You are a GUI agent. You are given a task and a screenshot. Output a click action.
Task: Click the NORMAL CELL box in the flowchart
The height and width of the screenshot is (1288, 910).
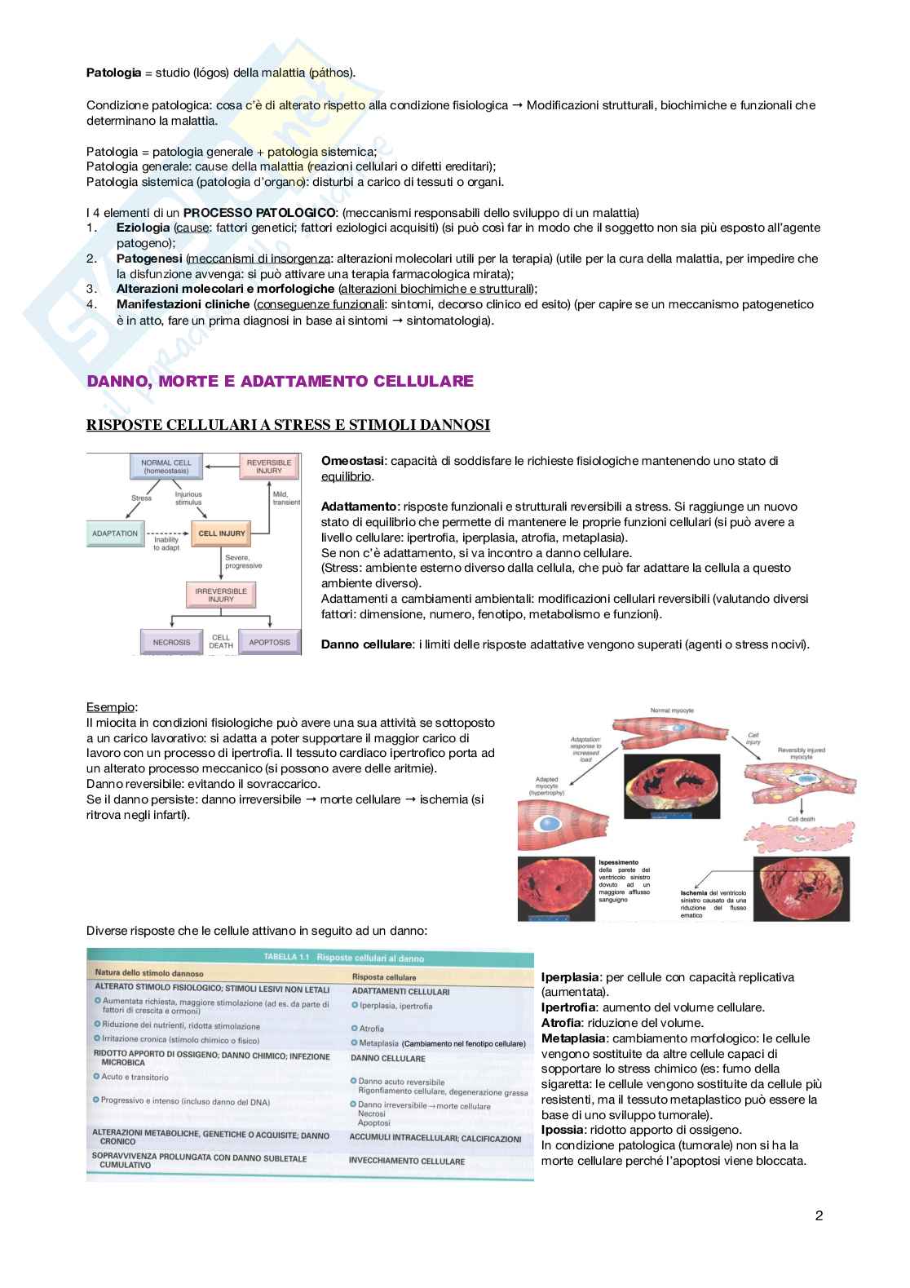point(166,467)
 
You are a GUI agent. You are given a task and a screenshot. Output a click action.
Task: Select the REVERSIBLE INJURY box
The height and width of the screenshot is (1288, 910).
point(268,467)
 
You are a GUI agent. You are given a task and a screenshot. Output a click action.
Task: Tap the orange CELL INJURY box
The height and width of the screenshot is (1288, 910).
point(221,533)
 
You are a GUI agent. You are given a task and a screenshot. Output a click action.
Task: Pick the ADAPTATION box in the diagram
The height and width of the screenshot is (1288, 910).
point(116,533)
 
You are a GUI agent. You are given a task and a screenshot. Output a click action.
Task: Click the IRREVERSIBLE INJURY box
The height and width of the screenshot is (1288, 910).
point(220,595)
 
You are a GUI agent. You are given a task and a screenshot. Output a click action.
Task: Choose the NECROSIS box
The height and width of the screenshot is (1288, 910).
point(171,642)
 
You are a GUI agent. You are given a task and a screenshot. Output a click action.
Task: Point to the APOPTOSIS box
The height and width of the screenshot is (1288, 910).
point(269,642)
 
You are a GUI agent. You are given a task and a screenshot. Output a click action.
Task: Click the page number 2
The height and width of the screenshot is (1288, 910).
point(819,1216)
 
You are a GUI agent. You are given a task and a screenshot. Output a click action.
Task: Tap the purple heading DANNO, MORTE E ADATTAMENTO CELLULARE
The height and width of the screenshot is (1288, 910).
point(280,381)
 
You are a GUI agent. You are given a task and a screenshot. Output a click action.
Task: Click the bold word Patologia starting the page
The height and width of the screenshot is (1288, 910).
point(113,73)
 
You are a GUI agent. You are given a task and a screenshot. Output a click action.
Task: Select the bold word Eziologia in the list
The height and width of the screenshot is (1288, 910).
point(143,228)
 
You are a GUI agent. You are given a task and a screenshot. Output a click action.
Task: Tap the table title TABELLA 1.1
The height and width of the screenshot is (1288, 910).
point(282,958)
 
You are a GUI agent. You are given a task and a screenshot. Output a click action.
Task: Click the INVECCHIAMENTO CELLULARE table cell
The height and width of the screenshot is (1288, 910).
point(406,1161)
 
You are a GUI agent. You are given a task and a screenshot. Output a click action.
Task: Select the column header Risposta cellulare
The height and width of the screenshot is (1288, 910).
point(383,977)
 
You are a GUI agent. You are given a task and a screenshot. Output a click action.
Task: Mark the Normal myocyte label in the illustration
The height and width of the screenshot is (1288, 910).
point(671,710)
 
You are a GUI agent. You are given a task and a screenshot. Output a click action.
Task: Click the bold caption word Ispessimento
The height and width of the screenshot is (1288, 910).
point(619,862)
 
